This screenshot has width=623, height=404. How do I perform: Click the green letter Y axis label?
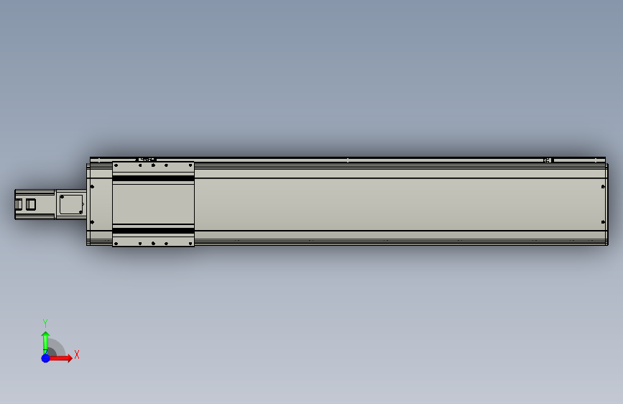tap(45, 323)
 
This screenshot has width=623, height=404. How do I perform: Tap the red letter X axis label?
tap(76, 354)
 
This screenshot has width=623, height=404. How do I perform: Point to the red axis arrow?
tap(63, 357)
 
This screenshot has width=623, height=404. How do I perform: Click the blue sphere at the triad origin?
tap(45, 357)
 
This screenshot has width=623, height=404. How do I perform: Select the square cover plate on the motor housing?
tap(70, 203)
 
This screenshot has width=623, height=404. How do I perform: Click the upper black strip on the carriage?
tap(153, 178)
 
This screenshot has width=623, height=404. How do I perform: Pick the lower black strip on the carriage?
tap(153, 230)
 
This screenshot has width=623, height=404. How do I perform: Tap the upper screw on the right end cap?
tap(601, 187)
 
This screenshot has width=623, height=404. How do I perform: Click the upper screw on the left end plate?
tap(93, 187)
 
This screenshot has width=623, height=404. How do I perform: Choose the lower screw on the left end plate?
tap(93, 222)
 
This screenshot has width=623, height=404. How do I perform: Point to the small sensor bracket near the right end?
tap(548, 160)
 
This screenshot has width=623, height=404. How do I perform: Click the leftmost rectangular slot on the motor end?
tap(19, 204)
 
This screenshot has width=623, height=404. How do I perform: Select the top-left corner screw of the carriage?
tap(116, 165)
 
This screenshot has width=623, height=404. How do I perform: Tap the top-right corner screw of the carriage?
tap(191, 165)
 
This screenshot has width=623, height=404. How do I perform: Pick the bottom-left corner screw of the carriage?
tap(116, 244)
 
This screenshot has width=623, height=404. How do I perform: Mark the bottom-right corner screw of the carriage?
tap(191, 244)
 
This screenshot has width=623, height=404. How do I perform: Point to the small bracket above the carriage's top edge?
tap(147, 159)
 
